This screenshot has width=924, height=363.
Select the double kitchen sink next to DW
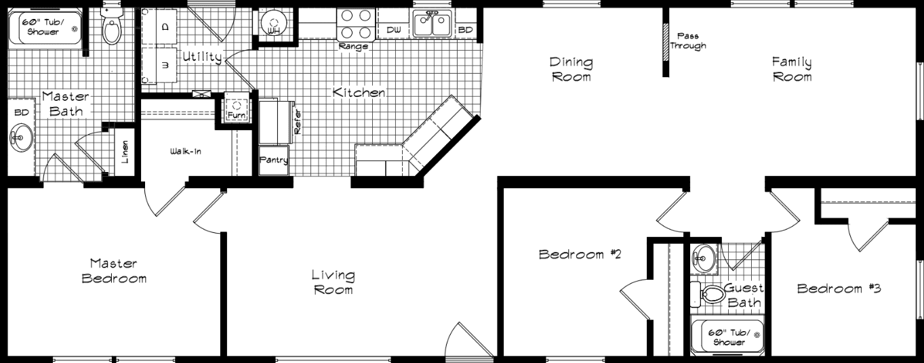coord(432,26)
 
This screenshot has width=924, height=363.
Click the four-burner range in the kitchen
coord(357,24)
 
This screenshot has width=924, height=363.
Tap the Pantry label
coord(274,161)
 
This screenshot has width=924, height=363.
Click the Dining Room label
coord(571,69)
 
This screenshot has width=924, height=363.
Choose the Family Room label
coord(792,69)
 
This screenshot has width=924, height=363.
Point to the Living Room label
coord(333,282)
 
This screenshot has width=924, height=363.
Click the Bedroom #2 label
coord(580,255)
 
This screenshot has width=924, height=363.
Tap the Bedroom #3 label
coord(839,289)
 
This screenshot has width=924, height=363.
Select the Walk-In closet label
coord(185,151)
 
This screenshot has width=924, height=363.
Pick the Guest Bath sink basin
coord(703,258)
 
